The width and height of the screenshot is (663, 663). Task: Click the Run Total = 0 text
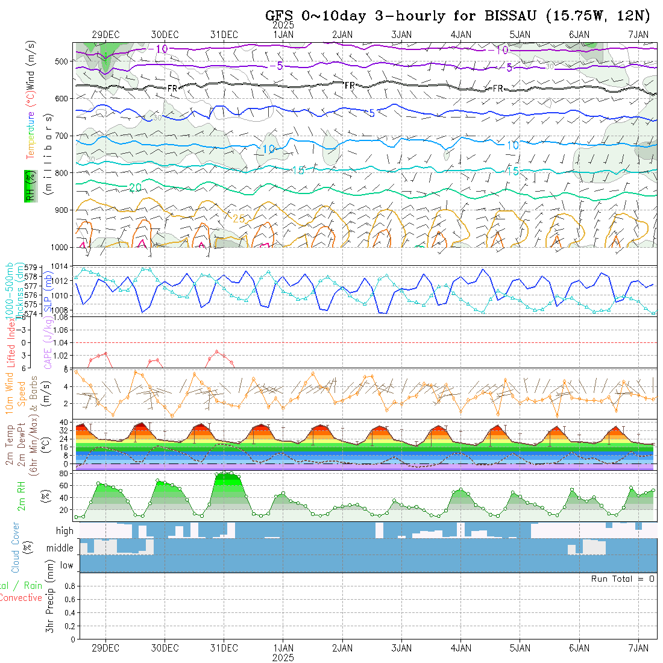click(623, 579)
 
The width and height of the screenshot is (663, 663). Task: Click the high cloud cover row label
click(64, 531)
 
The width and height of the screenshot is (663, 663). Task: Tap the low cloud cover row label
click(66, 565)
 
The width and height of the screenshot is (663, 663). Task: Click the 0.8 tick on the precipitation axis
click(68, 586)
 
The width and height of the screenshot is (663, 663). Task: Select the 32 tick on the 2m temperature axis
click(63, 431)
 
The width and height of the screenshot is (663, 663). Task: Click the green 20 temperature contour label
click(136, 188)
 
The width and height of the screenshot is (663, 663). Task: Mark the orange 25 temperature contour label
click(239, 218)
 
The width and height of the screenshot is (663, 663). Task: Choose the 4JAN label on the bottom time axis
click(460, 648)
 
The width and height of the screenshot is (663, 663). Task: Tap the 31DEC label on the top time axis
click(224, 35)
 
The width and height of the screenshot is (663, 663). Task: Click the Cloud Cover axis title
click(16, 547)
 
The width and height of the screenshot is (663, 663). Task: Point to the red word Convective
click(20, 598)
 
